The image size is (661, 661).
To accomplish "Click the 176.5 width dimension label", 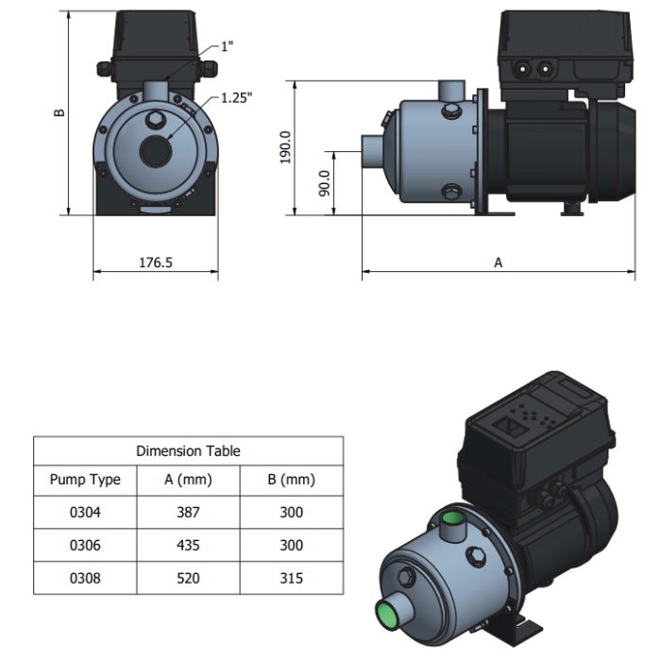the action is click(156, 263).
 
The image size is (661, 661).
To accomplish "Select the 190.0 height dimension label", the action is click(285, 147).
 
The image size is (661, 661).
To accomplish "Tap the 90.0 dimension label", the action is click(324, 183).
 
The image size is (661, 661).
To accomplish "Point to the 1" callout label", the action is click(228, 46).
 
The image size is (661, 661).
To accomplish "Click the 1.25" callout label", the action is click(236, 98).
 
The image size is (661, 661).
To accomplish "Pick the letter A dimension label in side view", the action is click(499, 263).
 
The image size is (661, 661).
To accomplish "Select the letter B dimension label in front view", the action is click(59, 112).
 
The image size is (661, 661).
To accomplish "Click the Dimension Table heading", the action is click(188, 451).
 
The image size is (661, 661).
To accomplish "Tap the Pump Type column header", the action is click(85, 480).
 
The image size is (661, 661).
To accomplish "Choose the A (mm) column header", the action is click(188, 480).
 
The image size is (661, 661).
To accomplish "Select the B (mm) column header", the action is click(291, 480).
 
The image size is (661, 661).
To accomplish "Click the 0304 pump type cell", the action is click(85, 512).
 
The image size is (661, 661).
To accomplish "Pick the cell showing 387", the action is click(188, 512).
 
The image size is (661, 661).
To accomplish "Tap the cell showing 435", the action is click(188, 545).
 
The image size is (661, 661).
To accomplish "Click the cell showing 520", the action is click(188, 578).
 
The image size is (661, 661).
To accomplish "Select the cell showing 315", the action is click(291, 578).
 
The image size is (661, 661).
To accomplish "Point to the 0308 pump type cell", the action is click(85, 578).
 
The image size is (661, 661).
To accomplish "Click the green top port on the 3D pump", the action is click(452, 517).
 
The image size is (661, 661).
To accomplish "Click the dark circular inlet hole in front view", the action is click(156, 151).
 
